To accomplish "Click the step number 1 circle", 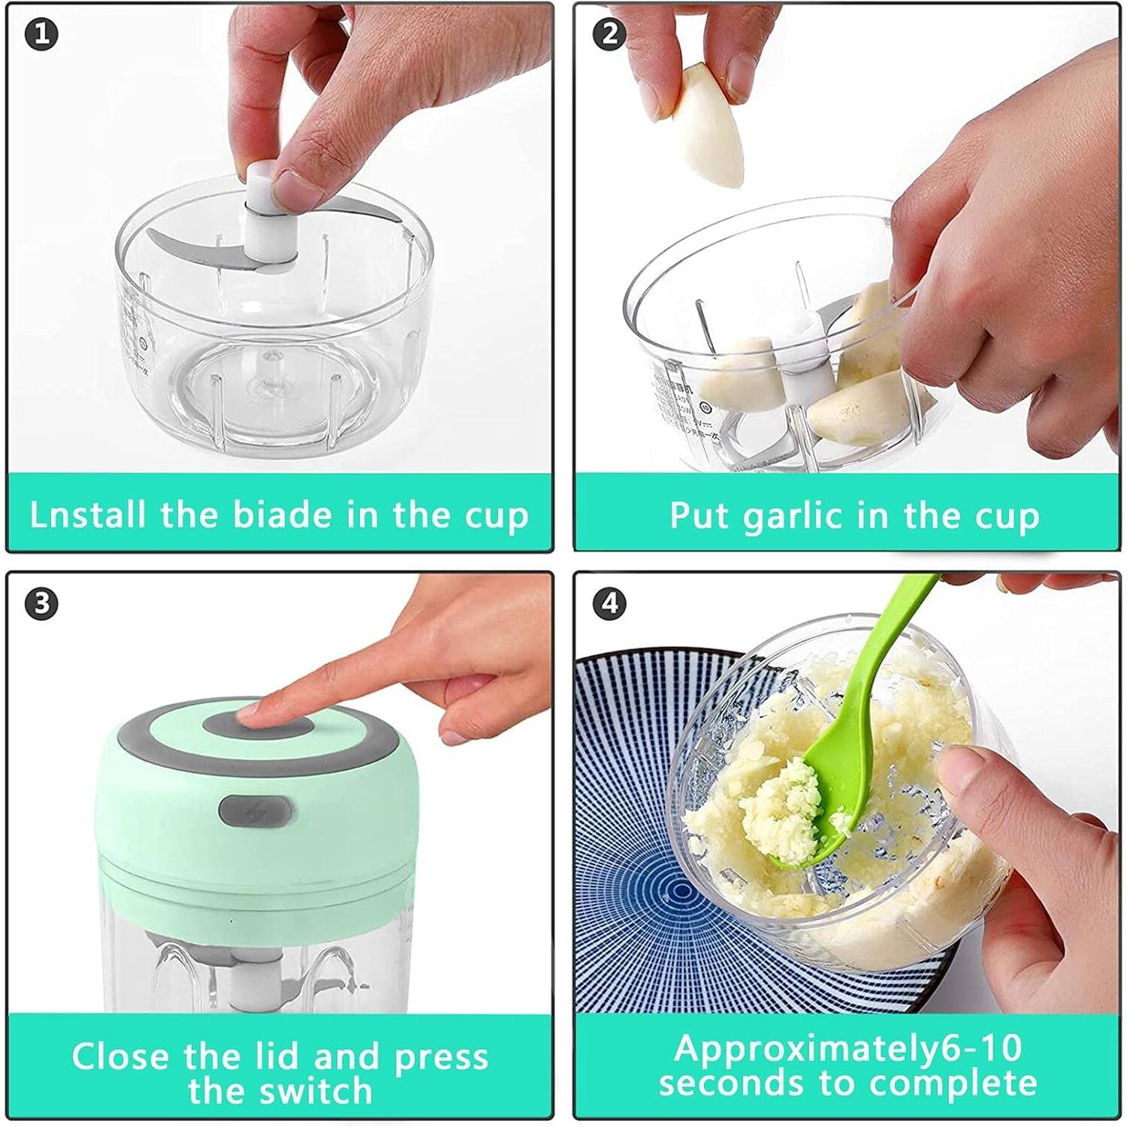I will click(41, 35).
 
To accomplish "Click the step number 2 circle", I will click(609, 35).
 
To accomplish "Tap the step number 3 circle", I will click(41, 603).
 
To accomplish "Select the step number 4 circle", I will click(609, 603).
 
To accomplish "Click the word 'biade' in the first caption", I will click(282, 515).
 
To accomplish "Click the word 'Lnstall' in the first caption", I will click(87, 515).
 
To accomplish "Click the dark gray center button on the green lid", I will click(274, 723).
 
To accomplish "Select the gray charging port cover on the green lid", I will click(256, 811).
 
